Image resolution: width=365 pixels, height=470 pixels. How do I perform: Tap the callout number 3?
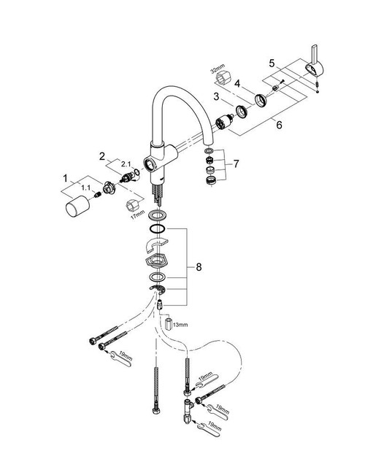(216, 97)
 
